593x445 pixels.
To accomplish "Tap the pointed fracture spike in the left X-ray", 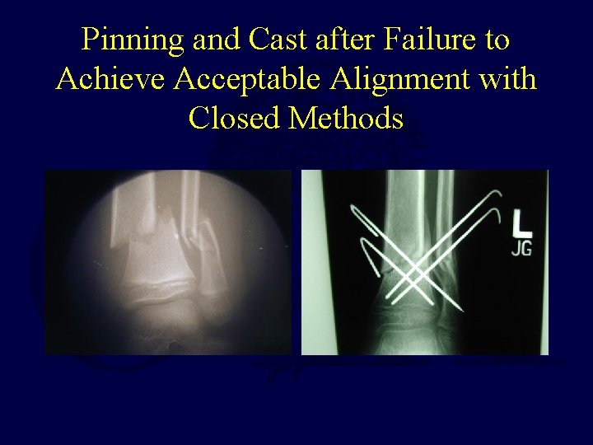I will tap(170, 217).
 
